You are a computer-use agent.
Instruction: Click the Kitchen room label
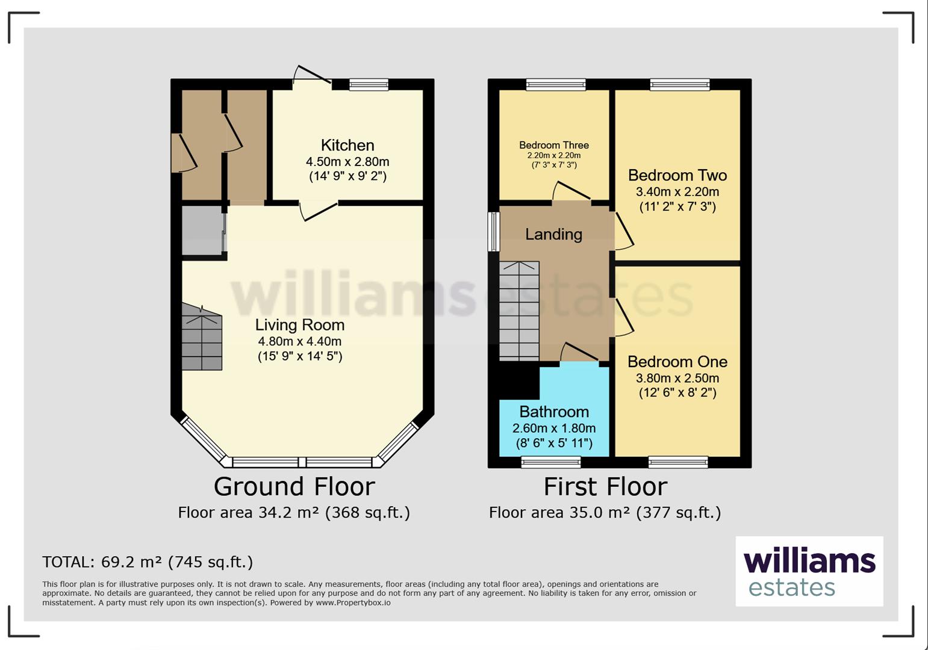pyautogui.click(x=347, y=145)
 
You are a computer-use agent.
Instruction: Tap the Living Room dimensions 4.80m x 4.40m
pyautogui.click(x=300, y=342)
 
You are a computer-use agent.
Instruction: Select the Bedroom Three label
pyautogui.click(x=554, y=145)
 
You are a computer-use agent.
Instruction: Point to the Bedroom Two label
pyautogui.click(x=677, y=176)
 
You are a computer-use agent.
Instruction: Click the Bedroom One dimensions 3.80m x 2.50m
pyautogui.click(x=677, y=378)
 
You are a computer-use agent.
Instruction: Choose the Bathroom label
pyautogui.click(x=554, y=412)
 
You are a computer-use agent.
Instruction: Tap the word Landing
pyautogui.click(x=554, y=235)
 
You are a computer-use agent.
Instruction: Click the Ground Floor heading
pyautogui.click(x=294, y=486)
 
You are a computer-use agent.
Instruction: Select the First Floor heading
pyautogui.click(x=605, y=486)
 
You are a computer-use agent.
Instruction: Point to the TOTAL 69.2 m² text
pyautogui.click(x=148, y=562)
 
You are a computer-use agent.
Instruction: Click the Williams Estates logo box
pyautogui.click(x=809, y=571)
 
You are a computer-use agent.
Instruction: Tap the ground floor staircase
pyautogui.click(x=202, y=336)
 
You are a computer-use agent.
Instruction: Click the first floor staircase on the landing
pyautogui.click(x=519, y=311)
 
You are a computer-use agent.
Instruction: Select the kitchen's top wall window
pyautogui.click(x=369, y=85)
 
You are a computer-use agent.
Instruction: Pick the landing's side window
pyautogui.click(x=493, y=232)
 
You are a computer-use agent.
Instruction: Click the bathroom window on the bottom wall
pyautogui.click(x=550, y=462)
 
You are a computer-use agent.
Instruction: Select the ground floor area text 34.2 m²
pyautogui.click(x=294, y=513)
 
